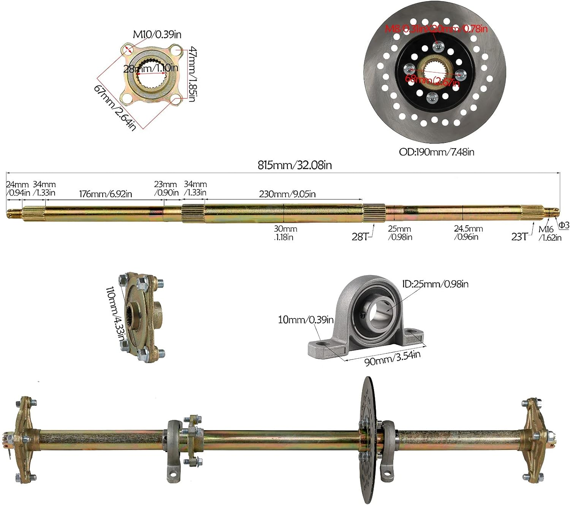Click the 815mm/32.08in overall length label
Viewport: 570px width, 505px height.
[294, 165]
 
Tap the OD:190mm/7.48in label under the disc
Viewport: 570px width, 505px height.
[436, 152]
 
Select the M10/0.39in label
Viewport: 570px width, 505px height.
[157, 34]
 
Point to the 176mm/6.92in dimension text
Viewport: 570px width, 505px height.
[105, 194]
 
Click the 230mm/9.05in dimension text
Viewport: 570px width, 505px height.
[287, 194]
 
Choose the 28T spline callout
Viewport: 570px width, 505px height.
[359, 237]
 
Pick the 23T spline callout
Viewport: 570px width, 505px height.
[519, 237]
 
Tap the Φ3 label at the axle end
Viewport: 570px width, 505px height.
[564, 225]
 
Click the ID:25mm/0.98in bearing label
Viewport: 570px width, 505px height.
[435, 284]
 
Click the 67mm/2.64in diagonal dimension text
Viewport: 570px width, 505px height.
[114, 108]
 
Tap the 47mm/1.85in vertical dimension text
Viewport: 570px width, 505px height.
[193, 74]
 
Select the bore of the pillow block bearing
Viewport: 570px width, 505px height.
[378, 313]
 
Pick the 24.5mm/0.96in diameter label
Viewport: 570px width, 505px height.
[468, 233]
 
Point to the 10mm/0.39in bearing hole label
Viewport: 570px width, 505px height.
[306, 320]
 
